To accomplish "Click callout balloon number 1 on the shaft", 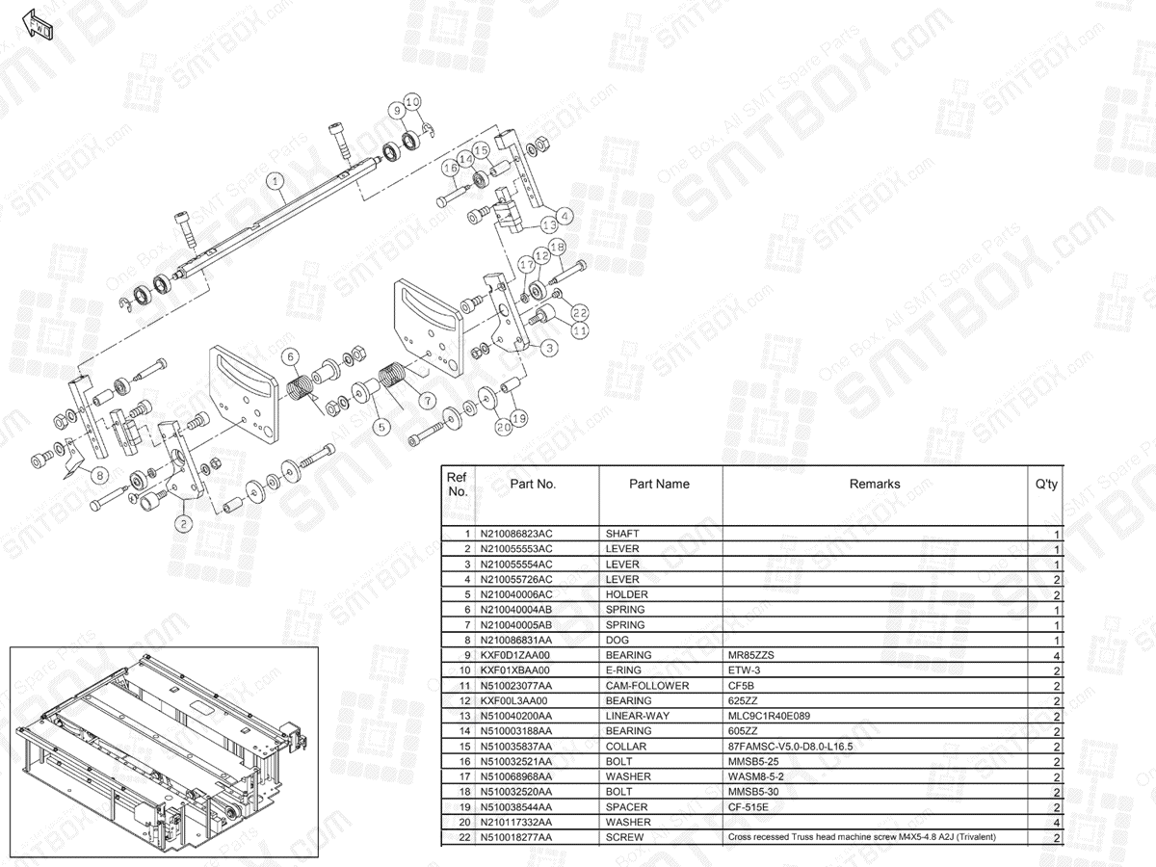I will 275,180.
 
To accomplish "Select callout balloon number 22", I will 579,312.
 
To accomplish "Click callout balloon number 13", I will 549,224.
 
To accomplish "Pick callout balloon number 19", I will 518,419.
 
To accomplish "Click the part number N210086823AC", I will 516,534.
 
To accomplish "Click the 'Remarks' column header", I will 875,485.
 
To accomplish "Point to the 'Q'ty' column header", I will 1046,485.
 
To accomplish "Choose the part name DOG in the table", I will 617,640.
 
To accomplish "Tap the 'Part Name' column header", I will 659,485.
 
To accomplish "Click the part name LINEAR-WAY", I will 638,716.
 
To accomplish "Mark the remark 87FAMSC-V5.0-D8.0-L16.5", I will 790,747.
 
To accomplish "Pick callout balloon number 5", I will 381,425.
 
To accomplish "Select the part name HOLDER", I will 627,594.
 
